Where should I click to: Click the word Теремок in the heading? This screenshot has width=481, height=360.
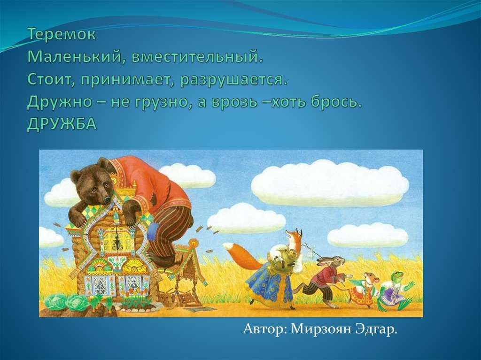[x=62, y=34]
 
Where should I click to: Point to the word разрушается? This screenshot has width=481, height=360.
[x=234, y=80]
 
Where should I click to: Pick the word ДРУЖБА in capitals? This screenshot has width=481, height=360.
[x=62, y=124]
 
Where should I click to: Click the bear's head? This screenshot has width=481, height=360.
[x=91, y=184]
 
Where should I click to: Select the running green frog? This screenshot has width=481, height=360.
[x=396, y=290]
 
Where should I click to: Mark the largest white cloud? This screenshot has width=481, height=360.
[x=329, y=183]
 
